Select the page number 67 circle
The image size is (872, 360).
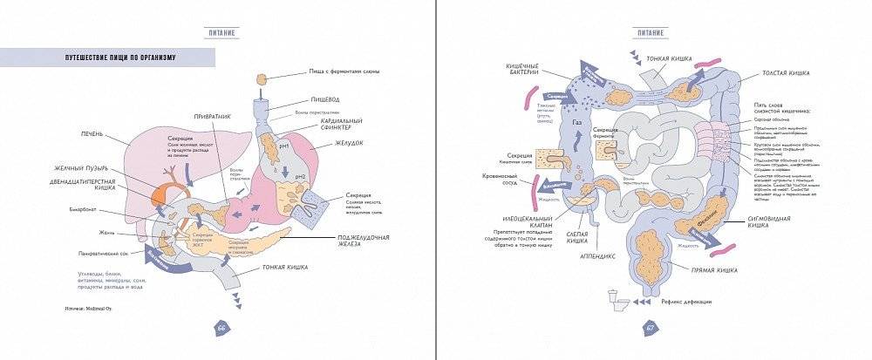(x=651, y=328)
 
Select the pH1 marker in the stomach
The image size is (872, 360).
(x=284, y=146)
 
